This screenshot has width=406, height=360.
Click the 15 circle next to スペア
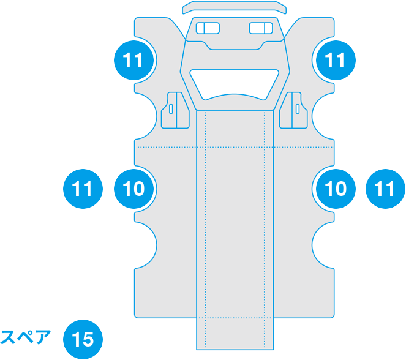(83, 339)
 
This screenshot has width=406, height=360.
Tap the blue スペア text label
(25, 337)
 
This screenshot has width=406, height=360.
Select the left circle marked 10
(133, 189)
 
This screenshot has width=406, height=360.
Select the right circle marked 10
(336, 189)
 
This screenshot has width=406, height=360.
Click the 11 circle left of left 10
(83, 189)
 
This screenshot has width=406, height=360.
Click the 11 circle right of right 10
(385, 189)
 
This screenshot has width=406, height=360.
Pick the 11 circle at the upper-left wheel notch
(133, 60)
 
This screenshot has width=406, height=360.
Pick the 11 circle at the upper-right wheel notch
(336, 60)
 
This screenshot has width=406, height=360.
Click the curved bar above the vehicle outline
(235, 7)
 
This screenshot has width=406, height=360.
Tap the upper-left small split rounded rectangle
(208, 28)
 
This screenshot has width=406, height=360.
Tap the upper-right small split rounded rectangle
(261, 28)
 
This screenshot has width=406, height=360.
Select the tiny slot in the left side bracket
(171, 109)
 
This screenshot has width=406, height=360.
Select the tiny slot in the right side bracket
(298, 109)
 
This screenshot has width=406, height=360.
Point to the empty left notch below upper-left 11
(146, 116)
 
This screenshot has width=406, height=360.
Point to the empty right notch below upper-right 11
(323, 116)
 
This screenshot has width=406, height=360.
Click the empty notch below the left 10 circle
(146, 245)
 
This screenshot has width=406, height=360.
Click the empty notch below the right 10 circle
(323, 245)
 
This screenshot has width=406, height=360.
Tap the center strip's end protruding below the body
(235, 334)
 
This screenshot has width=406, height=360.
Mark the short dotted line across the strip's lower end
(235, 318)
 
